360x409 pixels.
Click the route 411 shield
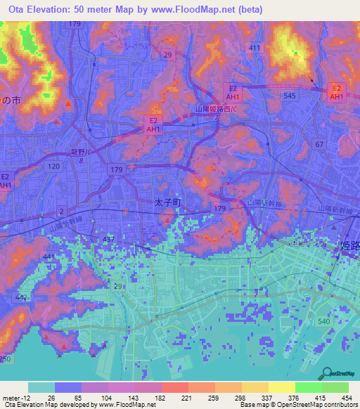[x=254, y=48]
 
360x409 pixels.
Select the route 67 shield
[x=319, y=144]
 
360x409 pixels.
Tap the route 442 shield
[x=21, y=299]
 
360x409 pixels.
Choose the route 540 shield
[x=323, y=321]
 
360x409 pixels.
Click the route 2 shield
[x=62, y=210]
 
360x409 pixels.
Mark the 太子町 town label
[x=167, y=202]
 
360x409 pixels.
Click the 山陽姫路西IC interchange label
[x=215, y=110]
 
